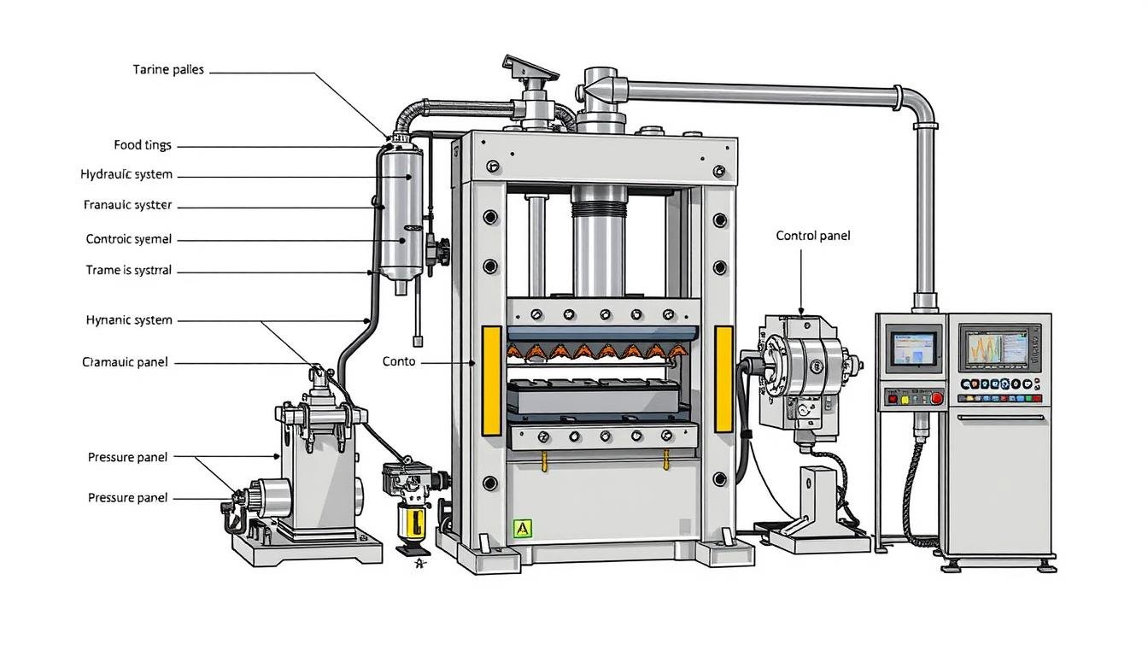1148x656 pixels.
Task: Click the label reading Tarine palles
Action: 168,70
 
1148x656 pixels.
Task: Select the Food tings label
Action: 142,145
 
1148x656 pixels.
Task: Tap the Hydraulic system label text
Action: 126,174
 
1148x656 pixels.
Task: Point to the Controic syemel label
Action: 128,239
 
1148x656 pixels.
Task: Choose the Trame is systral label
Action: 128,270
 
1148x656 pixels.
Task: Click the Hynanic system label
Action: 129,320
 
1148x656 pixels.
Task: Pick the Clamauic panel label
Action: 125,362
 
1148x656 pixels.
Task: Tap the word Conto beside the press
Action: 399,361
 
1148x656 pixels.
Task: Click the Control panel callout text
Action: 812,236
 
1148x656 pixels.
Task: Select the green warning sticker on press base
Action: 522,529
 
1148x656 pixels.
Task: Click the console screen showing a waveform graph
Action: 999,347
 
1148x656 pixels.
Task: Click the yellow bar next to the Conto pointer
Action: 491,378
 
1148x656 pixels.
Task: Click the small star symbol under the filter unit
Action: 419,562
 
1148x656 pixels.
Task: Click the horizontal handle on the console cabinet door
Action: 1000,418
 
